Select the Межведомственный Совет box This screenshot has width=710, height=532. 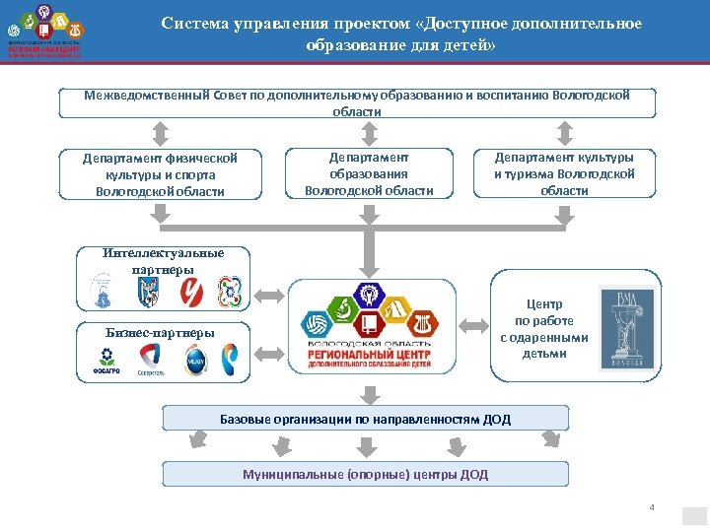coord(356,102)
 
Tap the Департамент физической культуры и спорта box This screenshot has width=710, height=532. coord(160,173)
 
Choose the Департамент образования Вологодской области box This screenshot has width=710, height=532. coord(369,172)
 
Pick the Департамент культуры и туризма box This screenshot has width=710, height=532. coord(564,172)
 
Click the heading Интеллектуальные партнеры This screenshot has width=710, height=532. coord(163,261)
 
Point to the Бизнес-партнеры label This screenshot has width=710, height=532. coord(160,331)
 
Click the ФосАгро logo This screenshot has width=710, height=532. coord(106,361)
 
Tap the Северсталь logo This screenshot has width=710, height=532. coord(151,361)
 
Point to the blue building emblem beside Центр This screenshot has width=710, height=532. coord(627,329)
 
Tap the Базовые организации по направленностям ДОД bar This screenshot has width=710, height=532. coord(365,419)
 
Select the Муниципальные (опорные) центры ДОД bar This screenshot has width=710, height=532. coord(365,475)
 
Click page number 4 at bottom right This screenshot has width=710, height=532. coord(651,506)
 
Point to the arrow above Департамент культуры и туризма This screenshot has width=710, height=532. coord(565,131)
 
